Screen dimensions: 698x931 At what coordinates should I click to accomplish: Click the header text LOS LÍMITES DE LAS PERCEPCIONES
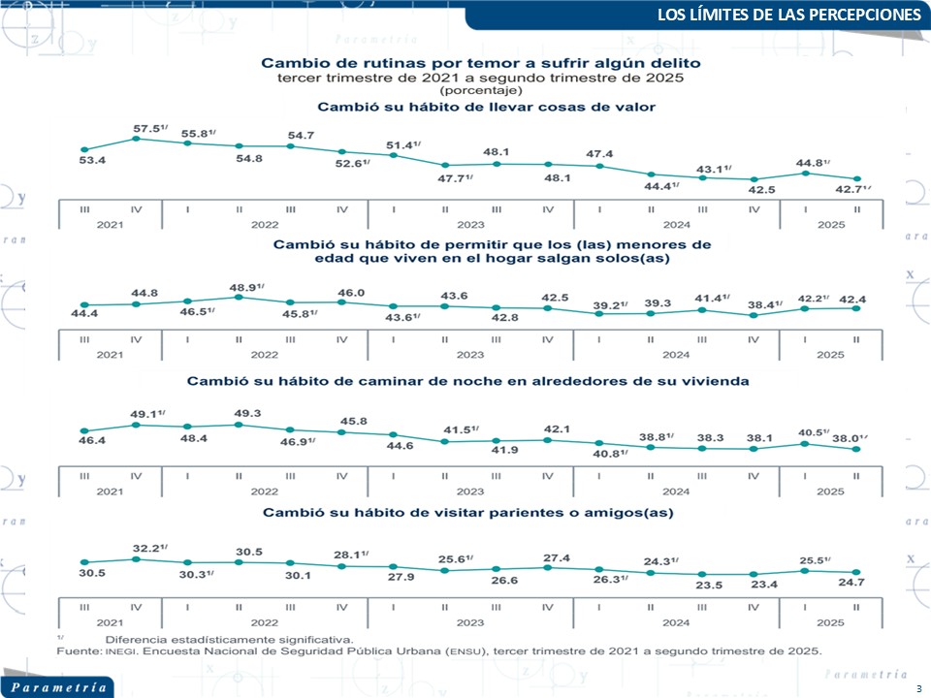pos(788,16)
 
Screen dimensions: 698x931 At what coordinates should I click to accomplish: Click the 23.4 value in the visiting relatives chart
pos(753,585)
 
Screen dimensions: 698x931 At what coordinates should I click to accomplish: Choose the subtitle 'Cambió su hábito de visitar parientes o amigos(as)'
pos(468,511)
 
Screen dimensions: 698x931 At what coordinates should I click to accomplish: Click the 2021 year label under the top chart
pos(110,224)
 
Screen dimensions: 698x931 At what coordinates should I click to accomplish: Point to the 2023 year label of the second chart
pos(469,355)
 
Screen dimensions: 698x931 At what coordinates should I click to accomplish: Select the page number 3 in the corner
pos(917,687)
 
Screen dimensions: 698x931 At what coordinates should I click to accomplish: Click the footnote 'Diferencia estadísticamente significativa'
pos(229,639)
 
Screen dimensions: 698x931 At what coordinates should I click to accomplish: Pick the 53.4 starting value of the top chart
pos(91,159)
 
